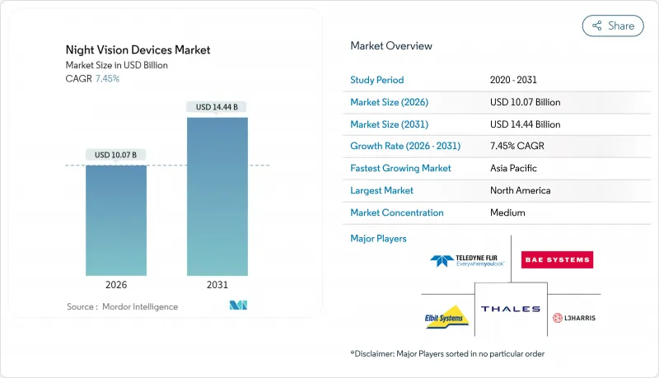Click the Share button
(x=613, y=26)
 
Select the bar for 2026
(x=116, y=220)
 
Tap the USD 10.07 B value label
(x=116, y=155)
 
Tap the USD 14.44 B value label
(x=217, y=107)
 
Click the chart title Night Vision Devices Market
(x=138, y=49)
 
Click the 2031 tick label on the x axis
(x=217, y=284)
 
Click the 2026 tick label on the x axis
(x=116, y=284)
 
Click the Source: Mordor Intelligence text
(x=122, y=306)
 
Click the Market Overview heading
(x=391, y=46)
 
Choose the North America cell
(x=521, y=190)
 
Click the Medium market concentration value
(x=507, y=212)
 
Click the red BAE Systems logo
(x=557, y=260)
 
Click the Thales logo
(x=511, y=310)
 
